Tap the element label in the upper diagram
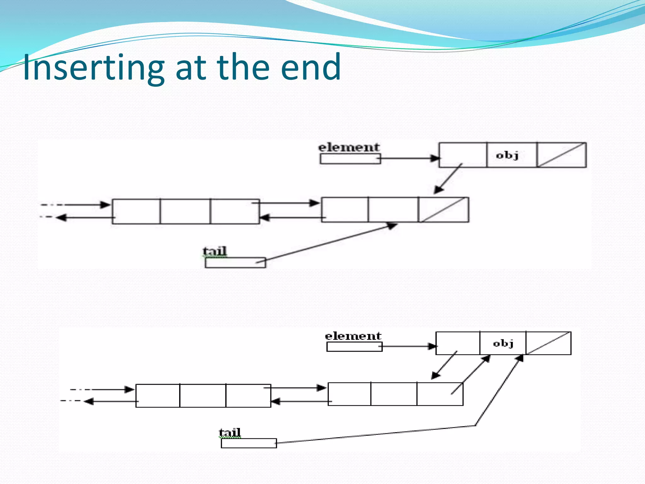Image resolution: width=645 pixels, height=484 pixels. (349, 147)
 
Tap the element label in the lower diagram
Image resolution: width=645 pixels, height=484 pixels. (353, 336)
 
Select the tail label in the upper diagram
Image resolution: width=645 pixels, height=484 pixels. (214, 251)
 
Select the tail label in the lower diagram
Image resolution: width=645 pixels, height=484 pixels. (230, 432)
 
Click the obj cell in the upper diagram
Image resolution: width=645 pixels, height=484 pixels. (511, 155)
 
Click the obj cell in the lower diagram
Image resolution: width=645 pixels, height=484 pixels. (503, 343)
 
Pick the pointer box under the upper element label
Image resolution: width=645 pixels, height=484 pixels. (350, 159)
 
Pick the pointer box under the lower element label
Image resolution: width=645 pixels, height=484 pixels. (354, 347)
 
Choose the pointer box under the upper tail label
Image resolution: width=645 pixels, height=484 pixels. (235, 263)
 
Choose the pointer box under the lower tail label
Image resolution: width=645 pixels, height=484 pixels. (248, 443)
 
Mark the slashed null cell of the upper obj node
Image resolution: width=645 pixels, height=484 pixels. (561, 155)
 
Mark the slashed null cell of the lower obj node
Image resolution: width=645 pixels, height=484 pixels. (548, 343)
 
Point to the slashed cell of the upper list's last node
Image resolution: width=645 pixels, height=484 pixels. (443, 210)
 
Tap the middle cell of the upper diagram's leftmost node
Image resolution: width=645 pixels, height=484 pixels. (185, 211)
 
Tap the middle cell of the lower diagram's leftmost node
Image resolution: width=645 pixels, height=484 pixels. (203, 396)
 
